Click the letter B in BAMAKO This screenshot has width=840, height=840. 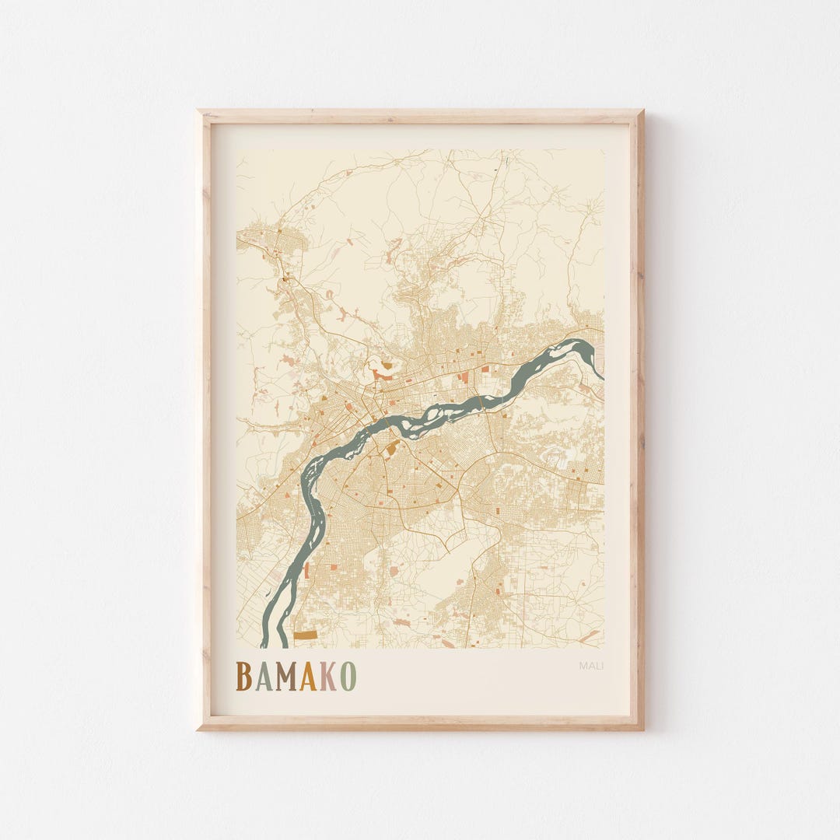[x=244, y=677]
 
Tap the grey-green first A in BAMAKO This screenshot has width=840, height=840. [x=263, y=677]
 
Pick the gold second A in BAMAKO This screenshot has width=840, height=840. [x=308, y=677]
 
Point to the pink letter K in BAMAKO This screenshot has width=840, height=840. [x=327, y=677]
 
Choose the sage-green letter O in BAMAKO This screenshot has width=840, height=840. [x=348, y=677]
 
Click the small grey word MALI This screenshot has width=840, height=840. [x=591, y=665]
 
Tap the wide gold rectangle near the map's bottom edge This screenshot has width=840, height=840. [x=306, y=635]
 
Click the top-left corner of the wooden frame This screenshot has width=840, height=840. [x=198, y=111]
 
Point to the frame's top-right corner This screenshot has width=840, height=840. [x=642, y=111]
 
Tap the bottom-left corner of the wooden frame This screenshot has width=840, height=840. [x=198, y=729]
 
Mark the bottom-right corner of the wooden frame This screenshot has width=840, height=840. [x=642, y=729]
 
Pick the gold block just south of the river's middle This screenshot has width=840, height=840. [x=394, y=446]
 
